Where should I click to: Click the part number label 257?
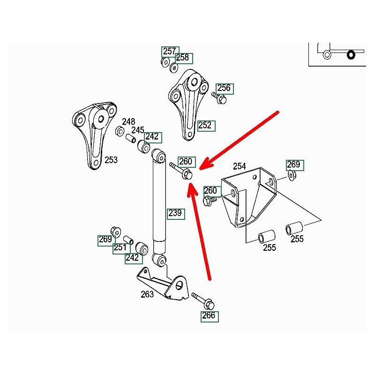coord(170,52)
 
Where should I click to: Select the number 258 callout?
coord(182,58)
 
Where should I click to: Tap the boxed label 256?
coord(224,88)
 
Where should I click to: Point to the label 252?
coord(205,125)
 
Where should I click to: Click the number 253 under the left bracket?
coord(111,160)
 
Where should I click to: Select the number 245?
coord(137,130)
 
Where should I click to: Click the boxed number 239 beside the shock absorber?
coord(175,214)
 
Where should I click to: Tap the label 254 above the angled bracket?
coord(240,166)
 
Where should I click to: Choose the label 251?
coord(120,247)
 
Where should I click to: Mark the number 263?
coord(147,294)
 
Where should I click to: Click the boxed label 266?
coord(209,315)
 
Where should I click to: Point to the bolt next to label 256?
coord(219,98)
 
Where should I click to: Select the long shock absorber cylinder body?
coord(159,202)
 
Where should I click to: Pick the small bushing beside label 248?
coord(120,130)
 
